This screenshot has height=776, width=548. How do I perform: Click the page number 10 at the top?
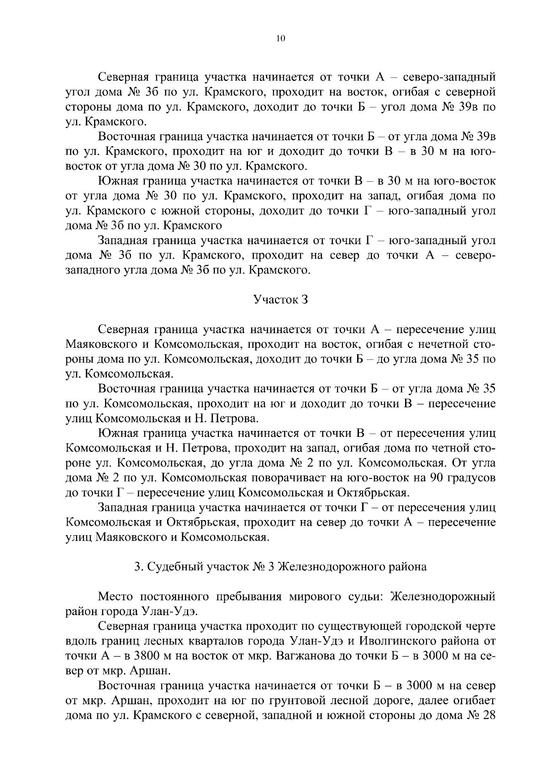pos(280,39)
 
